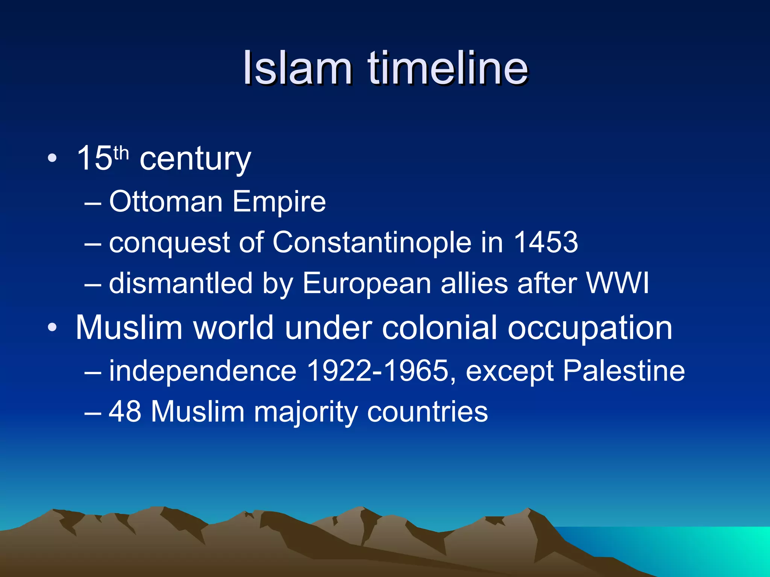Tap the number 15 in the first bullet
(x=94, y=159)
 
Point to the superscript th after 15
(x=121, y=153)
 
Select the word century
(x=195, y=160)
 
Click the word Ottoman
(x=166, y=202)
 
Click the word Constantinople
(x=372, y=243)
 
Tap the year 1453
(x=546, y=242)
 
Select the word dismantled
(x=180, y=283)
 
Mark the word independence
(x=203, y=371)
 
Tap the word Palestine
(x=624, y=371)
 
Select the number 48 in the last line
(x=125, y=412)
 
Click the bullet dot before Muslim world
(x=52, y=328)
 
